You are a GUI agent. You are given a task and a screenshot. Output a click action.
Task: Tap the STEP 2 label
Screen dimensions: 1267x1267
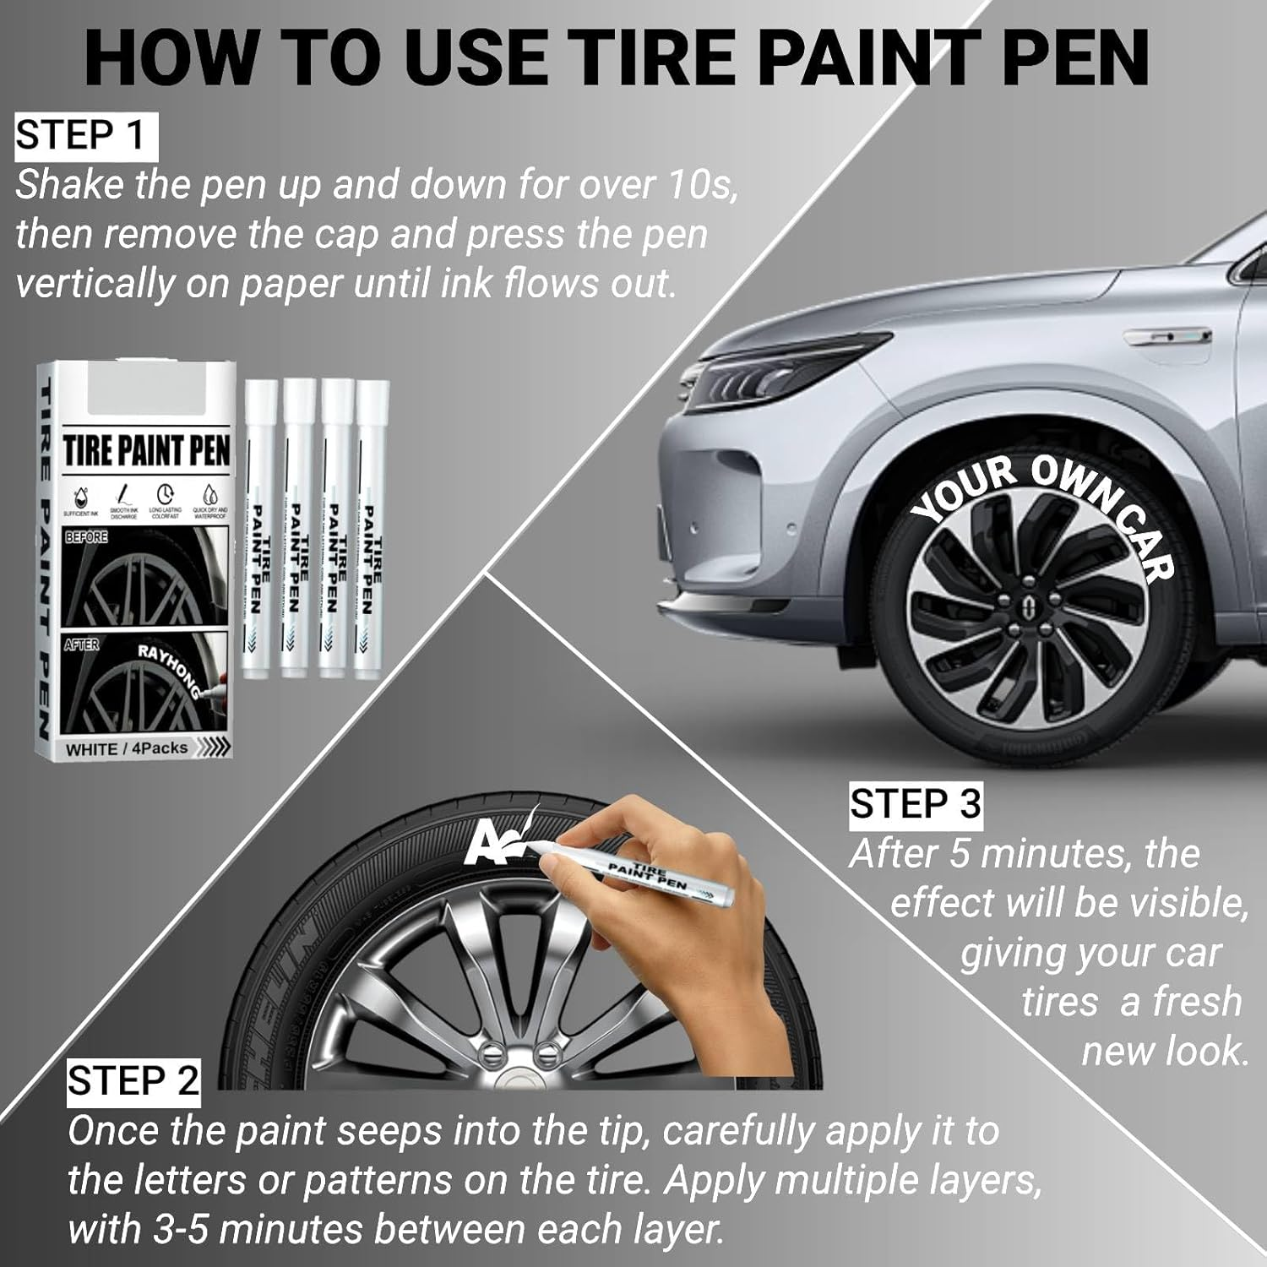coord(133,1081)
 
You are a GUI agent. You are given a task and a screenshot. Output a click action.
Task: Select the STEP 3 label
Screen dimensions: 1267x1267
coord(916,803)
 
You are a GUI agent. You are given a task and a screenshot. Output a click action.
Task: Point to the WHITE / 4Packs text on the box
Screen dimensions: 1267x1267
coord(127,748)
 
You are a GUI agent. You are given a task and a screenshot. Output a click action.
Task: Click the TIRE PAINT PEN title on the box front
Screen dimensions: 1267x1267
coord(146,450)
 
